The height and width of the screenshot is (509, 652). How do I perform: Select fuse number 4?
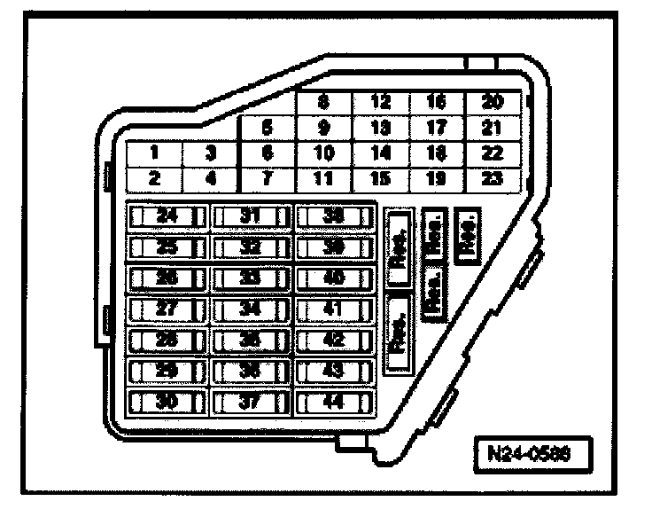tap(211, 178)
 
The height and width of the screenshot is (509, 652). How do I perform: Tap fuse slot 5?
tap(268, 127)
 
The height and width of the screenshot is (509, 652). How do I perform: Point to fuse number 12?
tap(381, 102)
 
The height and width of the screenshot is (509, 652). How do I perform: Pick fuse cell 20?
tap(491, 102)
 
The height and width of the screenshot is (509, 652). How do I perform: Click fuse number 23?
tap(491, 178)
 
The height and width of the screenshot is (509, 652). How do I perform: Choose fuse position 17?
tap(436, 127)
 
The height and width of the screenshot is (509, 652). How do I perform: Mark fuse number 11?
tap(324, 178)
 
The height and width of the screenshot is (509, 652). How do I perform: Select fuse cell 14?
tap(381, 153)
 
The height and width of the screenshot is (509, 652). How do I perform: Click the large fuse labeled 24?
tap(168, 215)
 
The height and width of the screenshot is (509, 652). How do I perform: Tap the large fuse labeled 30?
tap(168, 402)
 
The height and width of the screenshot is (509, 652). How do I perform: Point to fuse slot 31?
tap(252, 215)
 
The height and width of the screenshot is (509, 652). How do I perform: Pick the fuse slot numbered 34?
tap(252, 309)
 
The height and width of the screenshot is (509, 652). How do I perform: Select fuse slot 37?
tap(252, 402)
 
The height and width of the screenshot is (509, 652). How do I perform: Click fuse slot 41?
tap(334, 309)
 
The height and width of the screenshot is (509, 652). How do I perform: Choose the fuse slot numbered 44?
tap(334, 402)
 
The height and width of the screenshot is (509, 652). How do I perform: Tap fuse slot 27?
tap(168, 309)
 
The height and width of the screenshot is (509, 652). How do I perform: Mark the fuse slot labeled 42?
tap(334, 340)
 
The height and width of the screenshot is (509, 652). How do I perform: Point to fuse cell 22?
tap(491, 153)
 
